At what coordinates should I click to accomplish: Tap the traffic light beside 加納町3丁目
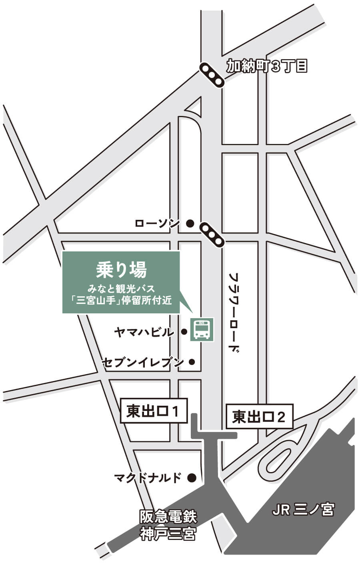pyautogui.click(x=212, y=75)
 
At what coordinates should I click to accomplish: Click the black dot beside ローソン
pyautogui.click(x=190, y=223)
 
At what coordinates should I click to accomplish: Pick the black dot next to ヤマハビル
pyautogui.click(x=184, y=331)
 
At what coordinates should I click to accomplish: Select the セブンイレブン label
pyautogui.click(x=143, y=362)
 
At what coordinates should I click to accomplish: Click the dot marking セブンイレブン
pyautogui.click(x=192, y=362)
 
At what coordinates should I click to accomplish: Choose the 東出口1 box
pyautogui.click(x=154, y=411)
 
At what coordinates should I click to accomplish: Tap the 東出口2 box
pyautogui.click(x=260, y=417)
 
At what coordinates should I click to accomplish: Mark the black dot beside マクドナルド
pyautogui.click(x=192, y=477)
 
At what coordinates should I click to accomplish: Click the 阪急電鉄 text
pyautogui.click(x=168, y=517)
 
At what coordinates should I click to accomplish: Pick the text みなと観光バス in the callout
pyautogui.click(x=122, y=287)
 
